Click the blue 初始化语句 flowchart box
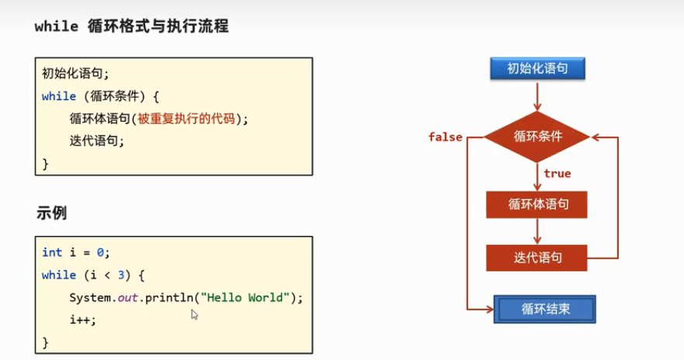point(537,68)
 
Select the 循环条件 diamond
point(537,137)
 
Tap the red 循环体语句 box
point(537,205)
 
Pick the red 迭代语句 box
point(537,258)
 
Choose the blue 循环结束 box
point(546,309)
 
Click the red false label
point(445,137)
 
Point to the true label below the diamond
point(557,174)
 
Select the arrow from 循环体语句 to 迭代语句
point(537,231)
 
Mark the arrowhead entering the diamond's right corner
point(595,137)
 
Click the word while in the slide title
point(56,26)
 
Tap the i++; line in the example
point(82,320)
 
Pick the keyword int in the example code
point(51,252)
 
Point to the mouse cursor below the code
point(194,313)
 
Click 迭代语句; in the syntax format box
point(96,141)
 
